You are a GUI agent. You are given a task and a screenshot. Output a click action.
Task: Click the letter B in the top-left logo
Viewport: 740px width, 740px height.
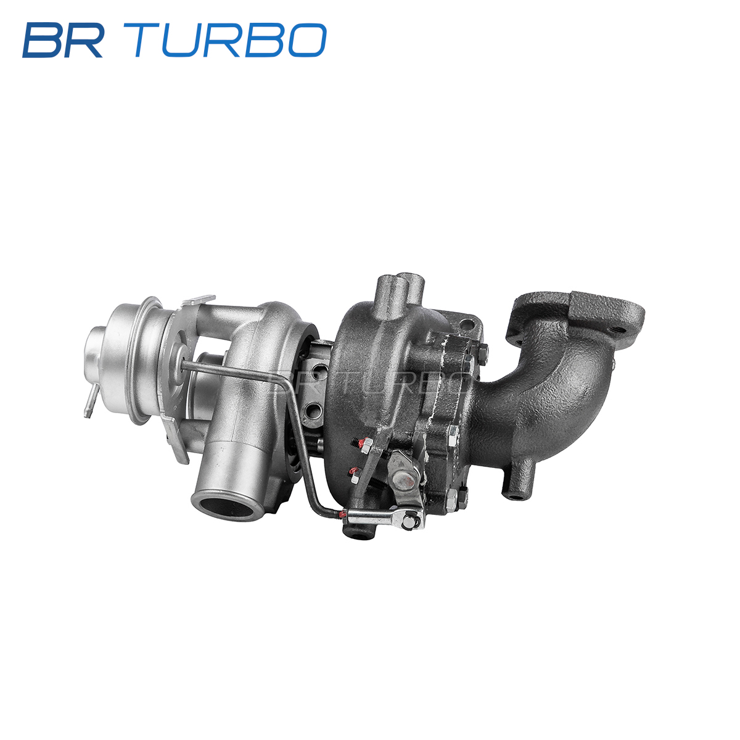[42, 40]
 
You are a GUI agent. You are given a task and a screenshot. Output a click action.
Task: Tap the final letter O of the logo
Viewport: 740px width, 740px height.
[307, 40]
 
